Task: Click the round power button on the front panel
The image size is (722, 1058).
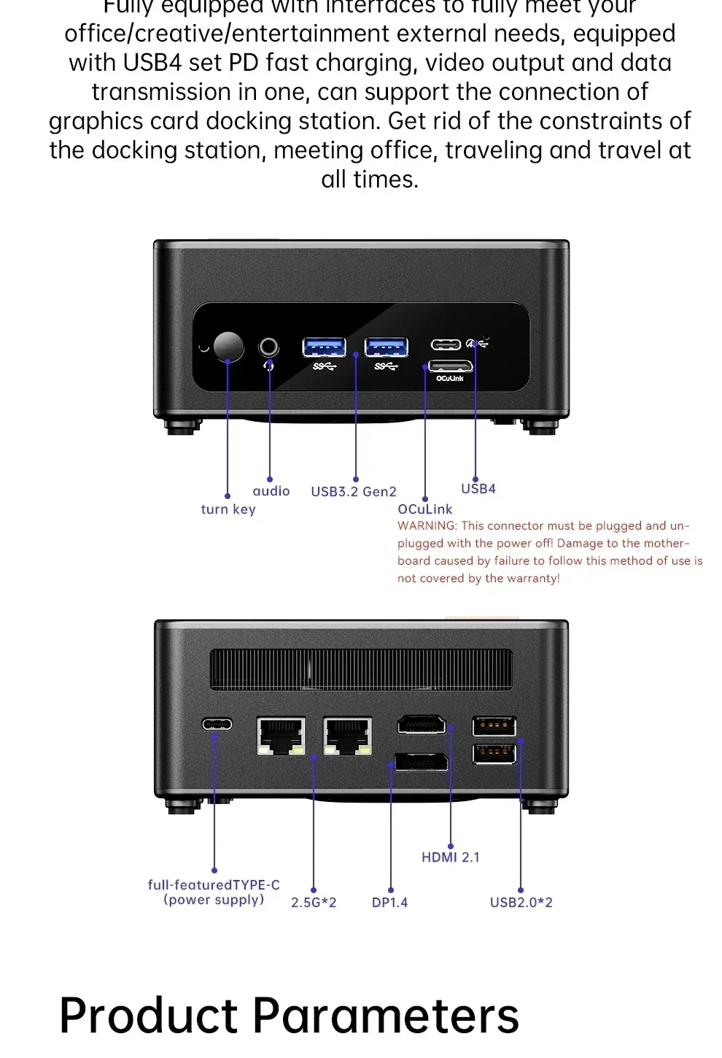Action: tap(228, 347)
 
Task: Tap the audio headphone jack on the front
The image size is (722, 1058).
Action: tap(269, 346)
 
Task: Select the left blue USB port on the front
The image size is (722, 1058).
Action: tap(324, 347)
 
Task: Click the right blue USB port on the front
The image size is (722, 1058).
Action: tap(386, 347)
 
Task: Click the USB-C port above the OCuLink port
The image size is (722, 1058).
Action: tap(446, 344)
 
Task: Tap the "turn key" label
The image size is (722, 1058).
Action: tap(228, 509)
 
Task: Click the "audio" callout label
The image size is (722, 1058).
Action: tap(271, 491)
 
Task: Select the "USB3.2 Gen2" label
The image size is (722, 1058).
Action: tap(354, 492)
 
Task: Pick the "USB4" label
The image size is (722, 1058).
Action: tap(478, 489)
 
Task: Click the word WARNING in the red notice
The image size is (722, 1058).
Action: tap(427, 526)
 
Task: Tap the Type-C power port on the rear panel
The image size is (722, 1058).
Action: tap(217, 724)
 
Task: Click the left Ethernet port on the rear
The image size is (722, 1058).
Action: tap(281, 735)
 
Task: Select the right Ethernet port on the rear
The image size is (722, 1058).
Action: tap(347, 735)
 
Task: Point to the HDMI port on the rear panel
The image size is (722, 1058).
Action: tap(422, 725)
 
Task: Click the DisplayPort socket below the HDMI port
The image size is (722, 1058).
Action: tap(422, 761)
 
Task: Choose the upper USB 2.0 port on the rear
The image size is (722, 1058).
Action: tap(494, 726)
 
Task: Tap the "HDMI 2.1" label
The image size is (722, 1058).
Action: tap(451, 857)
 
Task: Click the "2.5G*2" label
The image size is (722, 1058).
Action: tap(314, 903)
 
